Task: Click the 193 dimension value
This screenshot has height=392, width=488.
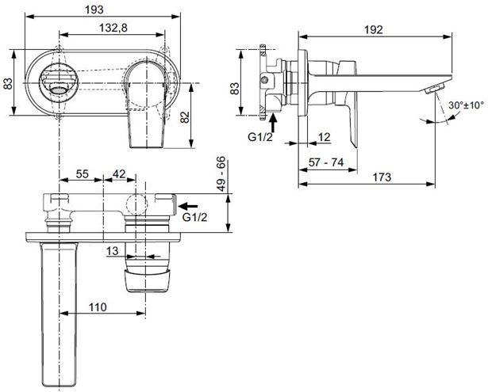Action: [94, 10]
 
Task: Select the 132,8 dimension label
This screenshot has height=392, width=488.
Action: [113, 28]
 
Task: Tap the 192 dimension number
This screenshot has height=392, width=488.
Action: [373, 30]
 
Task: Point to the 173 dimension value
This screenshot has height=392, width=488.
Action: [382, 177]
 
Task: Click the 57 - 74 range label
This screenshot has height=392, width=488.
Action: [326, 162]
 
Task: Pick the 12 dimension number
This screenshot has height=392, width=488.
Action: [324, 137]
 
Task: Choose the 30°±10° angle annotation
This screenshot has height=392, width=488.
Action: [466, 105]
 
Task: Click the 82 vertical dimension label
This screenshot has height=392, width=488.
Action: [185, 117]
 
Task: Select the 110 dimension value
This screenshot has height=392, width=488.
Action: [98, 307]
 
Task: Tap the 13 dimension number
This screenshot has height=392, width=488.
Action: [113, 251]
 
